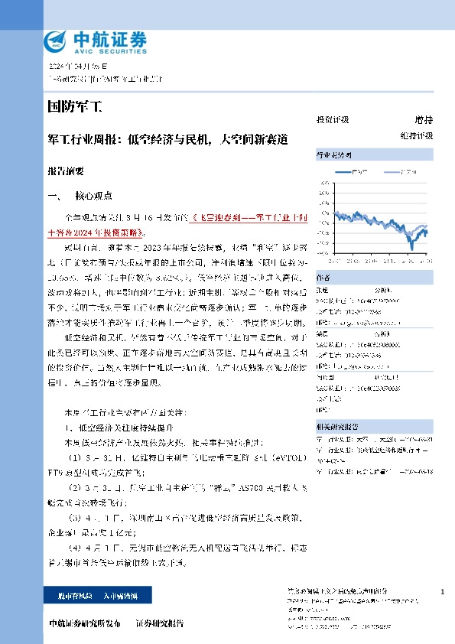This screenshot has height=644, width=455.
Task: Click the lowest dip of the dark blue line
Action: (411, 247)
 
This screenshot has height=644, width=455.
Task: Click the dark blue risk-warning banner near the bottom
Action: (87, 594)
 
